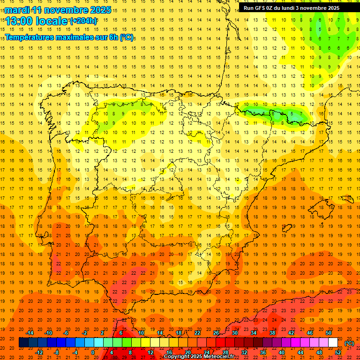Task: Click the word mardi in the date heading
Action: [17, 10]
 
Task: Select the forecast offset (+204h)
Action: [83, 21]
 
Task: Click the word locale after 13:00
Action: [52, 21]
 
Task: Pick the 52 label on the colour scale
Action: [338, 352]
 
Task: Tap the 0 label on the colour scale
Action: [93, 352]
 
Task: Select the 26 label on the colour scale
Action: [216, 333]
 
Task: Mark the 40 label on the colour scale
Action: [282, 352]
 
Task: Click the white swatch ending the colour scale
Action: [333, 343]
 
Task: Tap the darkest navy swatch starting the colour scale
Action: [23, 343]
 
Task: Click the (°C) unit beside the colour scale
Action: [349, 343]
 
